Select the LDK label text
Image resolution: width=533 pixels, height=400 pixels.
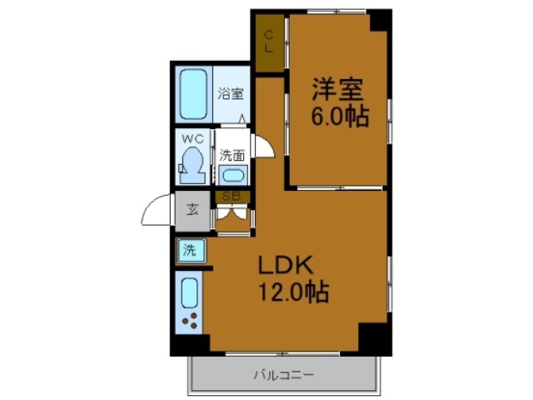pyautogui.click(x=283, y=267)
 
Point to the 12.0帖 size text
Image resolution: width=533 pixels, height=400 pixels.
pyautogui.click(x=292, y=292)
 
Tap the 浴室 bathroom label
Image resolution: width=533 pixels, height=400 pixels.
pyautogui.click(x=231, y=92)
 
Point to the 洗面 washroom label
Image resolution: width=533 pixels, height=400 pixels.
pyautogui.click(x=232, y=155)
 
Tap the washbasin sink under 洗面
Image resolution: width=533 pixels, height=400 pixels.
pyautogui.click(x=233, y=175)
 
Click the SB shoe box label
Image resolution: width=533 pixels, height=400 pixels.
pyautogui.click(x=232, y=197)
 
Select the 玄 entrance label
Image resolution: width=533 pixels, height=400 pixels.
pyautogui.click(x=192, y=208)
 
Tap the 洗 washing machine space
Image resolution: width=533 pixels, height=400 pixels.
pyautogui.click(x=189, y=248)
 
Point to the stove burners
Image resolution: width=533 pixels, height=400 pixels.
pyautogui.click(x=190, y=322)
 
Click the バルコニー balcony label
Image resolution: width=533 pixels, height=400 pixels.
pyautogui.click(x=284, y=375)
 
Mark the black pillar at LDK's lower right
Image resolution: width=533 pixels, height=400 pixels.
pyautogui.click(x=374, y=337)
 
